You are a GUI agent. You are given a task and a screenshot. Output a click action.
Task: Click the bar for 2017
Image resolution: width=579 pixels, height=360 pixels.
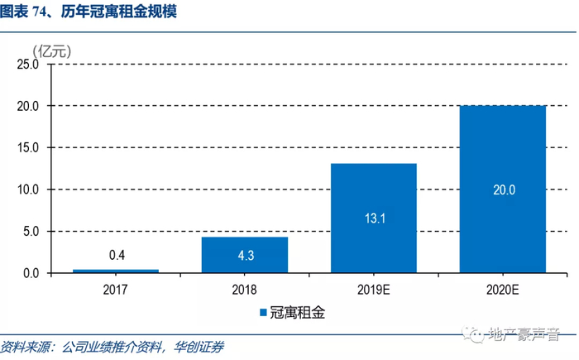click(x=116, y=271)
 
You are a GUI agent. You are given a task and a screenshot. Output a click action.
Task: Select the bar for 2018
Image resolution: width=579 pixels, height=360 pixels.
click(x=245, y=255)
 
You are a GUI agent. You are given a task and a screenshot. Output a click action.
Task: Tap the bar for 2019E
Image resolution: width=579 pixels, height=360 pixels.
click(x=374, y=218)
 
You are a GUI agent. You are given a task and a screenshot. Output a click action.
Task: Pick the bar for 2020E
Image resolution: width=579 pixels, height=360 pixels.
click(x=503, y=190)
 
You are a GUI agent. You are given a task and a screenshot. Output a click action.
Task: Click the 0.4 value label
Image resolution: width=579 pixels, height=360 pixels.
click(x=117, y=256)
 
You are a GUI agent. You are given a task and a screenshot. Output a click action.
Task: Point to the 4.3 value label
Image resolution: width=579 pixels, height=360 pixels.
click(x=245, y=255)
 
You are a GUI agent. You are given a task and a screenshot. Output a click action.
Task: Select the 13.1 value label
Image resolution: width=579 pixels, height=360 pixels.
click(x=374, y=218)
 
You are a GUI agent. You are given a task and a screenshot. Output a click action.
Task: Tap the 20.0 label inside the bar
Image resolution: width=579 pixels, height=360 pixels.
click(x=503, y=190)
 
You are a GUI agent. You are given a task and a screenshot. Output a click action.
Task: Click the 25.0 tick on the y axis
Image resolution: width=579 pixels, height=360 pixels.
click(x=28, y=64)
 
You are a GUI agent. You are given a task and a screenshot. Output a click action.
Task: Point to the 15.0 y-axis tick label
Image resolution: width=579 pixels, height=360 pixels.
click(x=28, y=147)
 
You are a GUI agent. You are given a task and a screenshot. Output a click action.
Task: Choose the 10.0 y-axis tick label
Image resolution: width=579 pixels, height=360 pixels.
click(x=28, y=190)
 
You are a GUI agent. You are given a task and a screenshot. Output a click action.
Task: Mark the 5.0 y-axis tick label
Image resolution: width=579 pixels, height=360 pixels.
click(x=31, y=232)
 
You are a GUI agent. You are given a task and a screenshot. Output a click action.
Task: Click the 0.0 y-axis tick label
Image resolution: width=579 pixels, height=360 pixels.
click(x=31, y=273)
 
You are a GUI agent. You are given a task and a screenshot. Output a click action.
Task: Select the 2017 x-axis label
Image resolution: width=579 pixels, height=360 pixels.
click(x=116, y=290)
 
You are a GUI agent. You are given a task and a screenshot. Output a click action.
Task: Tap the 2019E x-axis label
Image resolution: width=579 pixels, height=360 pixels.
click(x=374, y=290)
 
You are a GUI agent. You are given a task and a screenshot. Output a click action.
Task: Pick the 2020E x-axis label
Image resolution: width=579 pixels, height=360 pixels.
click(x=503, y=290)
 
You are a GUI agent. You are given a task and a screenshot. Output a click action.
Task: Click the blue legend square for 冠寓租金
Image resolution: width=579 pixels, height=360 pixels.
click(x=265, y=314)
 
